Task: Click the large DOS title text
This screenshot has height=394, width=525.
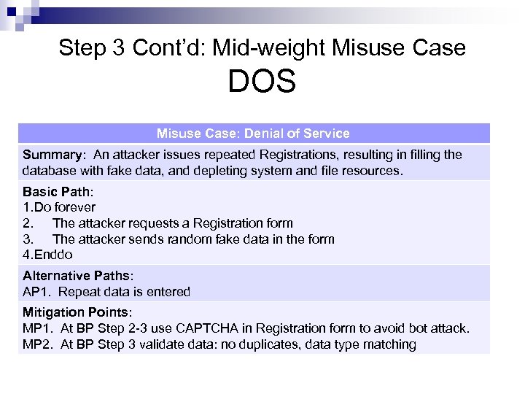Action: [x=262, y=82]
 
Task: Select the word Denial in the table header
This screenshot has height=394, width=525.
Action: [x=265, y=134]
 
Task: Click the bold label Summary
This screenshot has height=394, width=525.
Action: [x=54, y=155]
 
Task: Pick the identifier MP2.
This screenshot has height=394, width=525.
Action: [x=36, y=344]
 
